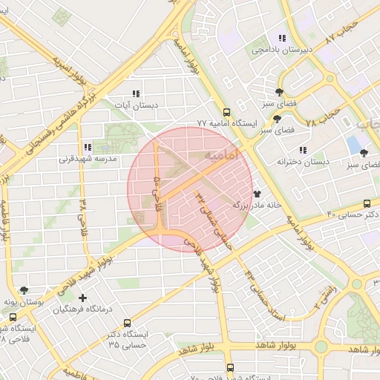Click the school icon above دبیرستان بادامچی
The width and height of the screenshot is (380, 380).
[281, 39]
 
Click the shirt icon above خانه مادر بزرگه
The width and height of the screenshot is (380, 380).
[258, 193]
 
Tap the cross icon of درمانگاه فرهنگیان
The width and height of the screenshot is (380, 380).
[82, 298]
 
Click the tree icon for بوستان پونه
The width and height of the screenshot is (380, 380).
[27, 291]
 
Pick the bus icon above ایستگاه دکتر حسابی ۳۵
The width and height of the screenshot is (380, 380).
[127, 323]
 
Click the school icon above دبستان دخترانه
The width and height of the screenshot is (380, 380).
[303, 150]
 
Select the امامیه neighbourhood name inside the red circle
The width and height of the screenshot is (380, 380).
[221, 155]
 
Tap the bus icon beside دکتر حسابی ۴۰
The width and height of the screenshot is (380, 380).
[367, 204]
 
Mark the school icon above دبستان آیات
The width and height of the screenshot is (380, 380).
[135, 94]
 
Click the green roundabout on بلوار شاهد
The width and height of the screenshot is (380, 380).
[321, 347]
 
